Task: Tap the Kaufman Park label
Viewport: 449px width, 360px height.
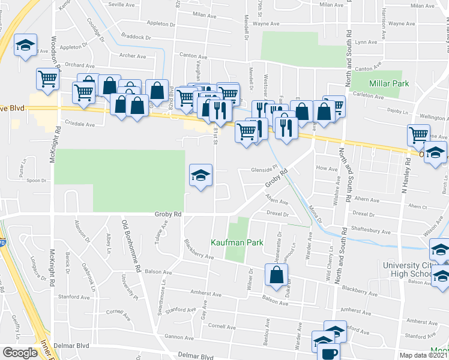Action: (x=237, y=243)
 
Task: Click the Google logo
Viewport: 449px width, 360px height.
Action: (x=20, y=353)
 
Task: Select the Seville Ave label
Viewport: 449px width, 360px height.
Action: (x=122, y=4)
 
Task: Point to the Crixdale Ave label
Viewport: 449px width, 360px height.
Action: (x=81, y=125)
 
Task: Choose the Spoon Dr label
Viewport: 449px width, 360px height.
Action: (x=37, y=180)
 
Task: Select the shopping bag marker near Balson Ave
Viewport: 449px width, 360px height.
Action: (x=276, y=275)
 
